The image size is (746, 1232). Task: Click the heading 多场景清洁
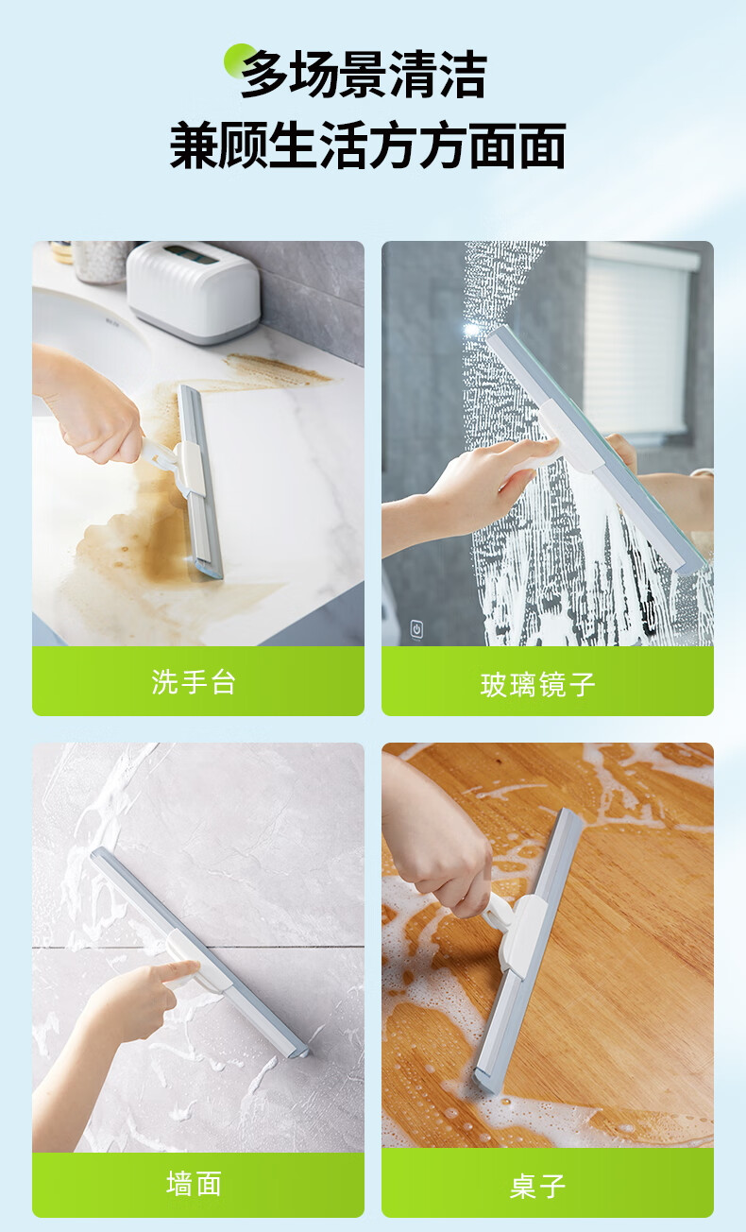(x=364, y=75)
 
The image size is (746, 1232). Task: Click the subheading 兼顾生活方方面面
(x=367, y=145)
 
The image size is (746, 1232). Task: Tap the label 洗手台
(x=194, y=682)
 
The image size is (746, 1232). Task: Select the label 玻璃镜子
(x=537, y=685)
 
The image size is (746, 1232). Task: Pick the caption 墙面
(x=195, y=1184)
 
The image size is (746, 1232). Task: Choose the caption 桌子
(x=537, y=1186)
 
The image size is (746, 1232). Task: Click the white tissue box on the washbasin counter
(x=193, y=292)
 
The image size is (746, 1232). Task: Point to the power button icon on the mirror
(x=416, y=628)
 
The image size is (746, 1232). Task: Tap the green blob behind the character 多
(x=237, y=60)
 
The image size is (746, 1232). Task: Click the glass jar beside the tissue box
(x=102, y=262)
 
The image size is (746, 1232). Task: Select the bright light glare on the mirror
(x=471, y=330)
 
